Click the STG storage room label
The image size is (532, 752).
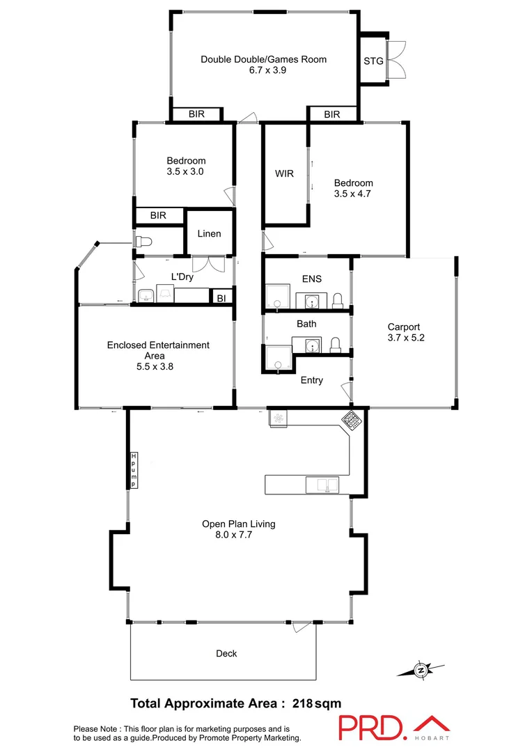373,61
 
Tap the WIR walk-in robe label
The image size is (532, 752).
284,173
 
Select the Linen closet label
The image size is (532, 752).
209,233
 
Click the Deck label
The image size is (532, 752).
226,653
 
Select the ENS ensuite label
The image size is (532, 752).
311,279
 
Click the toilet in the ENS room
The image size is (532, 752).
338,300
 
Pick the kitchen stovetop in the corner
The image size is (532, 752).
350,418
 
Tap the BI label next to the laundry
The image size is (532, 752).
221,297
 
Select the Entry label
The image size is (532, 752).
311,380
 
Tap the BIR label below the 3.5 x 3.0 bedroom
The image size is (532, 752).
158,216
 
